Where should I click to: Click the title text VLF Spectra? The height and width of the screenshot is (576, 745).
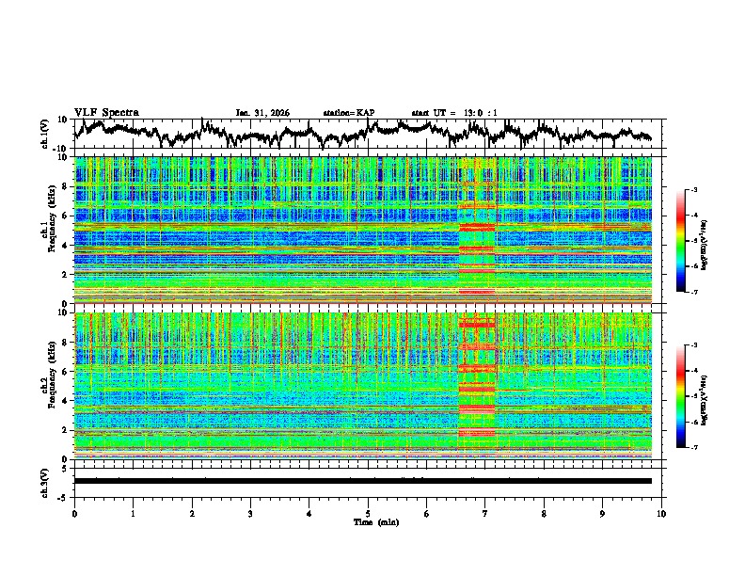106,113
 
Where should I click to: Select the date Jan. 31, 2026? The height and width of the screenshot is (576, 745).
262,113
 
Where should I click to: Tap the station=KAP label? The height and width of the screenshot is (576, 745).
349,113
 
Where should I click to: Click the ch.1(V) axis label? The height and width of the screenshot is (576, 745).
45,134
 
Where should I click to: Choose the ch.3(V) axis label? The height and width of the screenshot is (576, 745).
45,481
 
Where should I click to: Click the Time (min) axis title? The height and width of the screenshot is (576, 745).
368,521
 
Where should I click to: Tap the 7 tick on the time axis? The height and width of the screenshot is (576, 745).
485,513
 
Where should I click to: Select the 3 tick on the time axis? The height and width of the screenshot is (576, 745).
250,513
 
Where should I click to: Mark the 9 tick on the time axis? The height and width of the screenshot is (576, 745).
603,513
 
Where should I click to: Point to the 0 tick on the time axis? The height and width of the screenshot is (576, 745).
74,513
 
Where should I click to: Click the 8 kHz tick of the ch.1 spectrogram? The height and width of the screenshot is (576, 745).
64,186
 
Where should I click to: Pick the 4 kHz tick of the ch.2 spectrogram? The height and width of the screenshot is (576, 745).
64,401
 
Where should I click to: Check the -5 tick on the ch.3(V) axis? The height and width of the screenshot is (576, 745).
63,495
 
